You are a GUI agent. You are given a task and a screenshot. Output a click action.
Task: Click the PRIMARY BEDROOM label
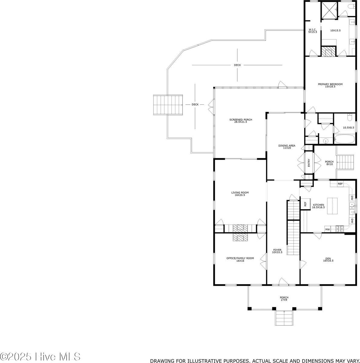point(330,85)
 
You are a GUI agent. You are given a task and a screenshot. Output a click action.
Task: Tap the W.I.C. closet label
point(313,31)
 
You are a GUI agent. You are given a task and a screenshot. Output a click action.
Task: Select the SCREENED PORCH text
point(241,121)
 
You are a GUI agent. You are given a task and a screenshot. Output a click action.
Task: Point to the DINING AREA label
point(287,147)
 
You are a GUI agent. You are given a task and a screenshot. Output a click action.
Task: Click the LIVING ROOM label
point(240,194)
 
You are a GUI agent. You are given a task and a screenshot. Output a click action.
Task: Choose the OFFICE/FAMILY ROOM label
point(240,259)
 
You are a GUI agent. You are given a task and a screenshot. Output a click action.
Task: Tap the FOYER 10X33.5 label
point(277,251)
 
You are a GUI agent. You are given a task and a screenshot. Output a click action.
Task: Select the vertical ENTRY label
point(309,163)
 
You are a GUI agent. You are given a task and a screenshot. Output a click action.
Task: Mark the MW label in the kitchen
point(327,230)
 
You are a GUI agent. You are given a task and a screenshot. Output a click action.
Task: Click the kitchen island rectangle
point(333,206)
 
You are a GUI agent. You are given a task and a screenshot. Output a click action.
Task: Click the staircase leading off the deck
point(168,105)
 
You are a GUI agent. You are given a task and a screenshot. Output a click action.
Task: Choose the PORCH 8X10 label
point(329,163)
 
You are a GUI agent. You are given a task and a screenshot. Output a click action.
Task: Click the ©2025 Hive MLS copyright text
point(40,356)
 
